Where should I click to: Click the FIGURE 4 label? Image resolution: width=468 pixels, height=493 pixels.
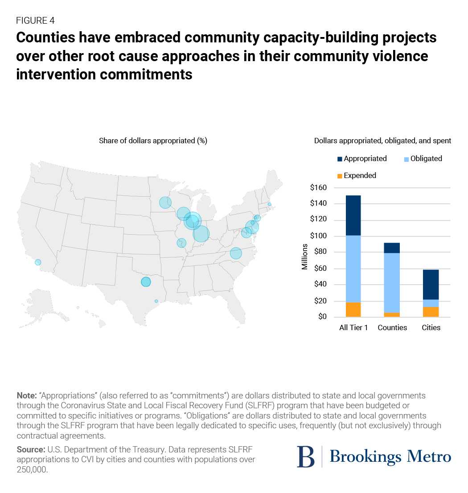point(35,20)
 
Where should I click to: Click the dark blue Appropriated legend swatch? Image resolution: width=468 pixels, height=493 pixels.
point(339,159)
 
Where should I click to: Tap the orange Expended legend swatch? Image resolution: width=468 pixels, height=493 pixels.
point(339,176)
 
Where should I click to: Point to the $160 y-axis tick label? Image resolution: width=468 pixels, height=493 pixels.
point(318,188)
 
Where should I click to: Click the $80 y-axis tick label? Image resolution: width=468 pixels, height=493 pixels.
point(320,252)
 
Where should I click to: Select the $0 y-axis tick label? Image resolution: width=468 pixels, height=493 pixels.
point(321,317)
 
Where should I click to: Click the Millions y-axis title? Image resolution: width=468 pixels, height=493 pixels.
point(305,257)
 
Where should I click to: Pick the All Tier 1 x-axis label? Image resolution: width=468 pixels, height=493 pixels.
point(353,327)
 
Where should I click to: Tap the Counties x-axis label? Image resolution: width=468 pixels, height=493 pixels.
point(392,327)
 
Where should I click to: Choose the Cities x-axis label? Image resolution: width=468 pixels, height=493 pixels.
point(431,327)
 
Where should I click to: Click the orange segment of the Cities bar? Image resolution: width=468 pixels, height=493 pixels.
point(431,312)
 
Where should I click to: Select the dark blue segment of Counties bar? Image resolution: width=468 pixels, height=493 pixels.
point(392,248)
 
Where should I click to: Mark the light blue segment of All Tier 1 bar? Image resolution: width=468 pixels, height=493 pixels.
point(353,269)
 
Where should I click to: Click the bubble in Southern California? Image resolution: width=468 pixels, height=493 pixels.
point(38,262)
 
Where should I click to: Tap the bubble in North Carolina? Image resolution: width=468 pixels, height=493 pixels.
point(236,253)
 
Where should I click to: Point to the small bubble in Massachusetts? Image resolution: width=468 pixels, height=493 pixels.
point(269,204)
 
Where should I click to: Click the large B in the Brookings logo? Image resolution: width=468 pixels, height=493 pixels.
point(306,457)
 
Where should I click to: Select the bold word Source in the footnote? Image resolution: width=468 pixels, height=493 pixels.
point(30,449)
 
